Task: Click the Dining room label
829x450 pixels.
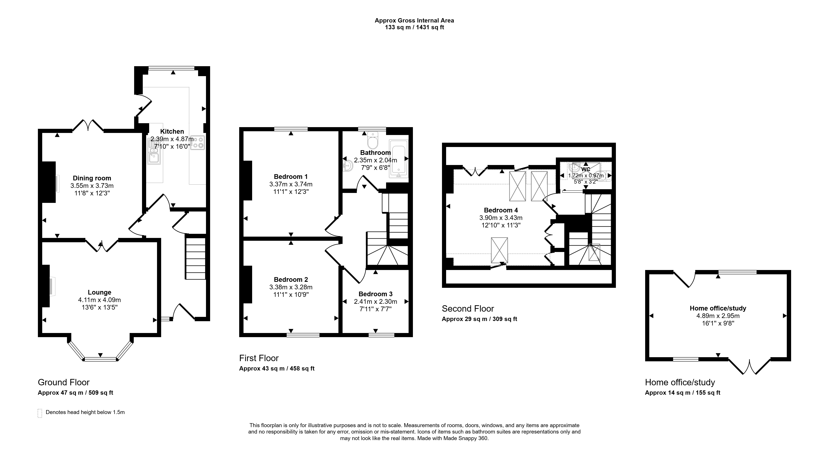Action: pos(92,178)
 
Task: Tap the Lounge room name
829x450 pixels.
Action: pos(99,292)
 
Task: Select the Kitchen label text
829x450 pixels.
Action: pos(172,132)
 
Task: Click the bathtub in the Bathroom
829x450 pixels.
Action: pos(399,159)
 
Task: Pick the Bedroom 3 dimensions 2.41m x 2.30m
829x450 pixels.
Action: pos(376,302)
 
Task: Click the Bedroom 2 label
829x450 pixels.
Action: pos(291,280)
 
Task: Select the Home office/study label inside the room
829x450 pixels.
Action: pos(718,308)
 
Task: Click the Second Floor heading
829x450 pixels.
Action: pos(468,309)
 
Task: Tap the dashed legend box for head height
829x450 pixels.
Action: pos(40,413)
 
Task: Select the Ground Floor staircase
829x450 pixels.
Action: pos(195,258)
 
